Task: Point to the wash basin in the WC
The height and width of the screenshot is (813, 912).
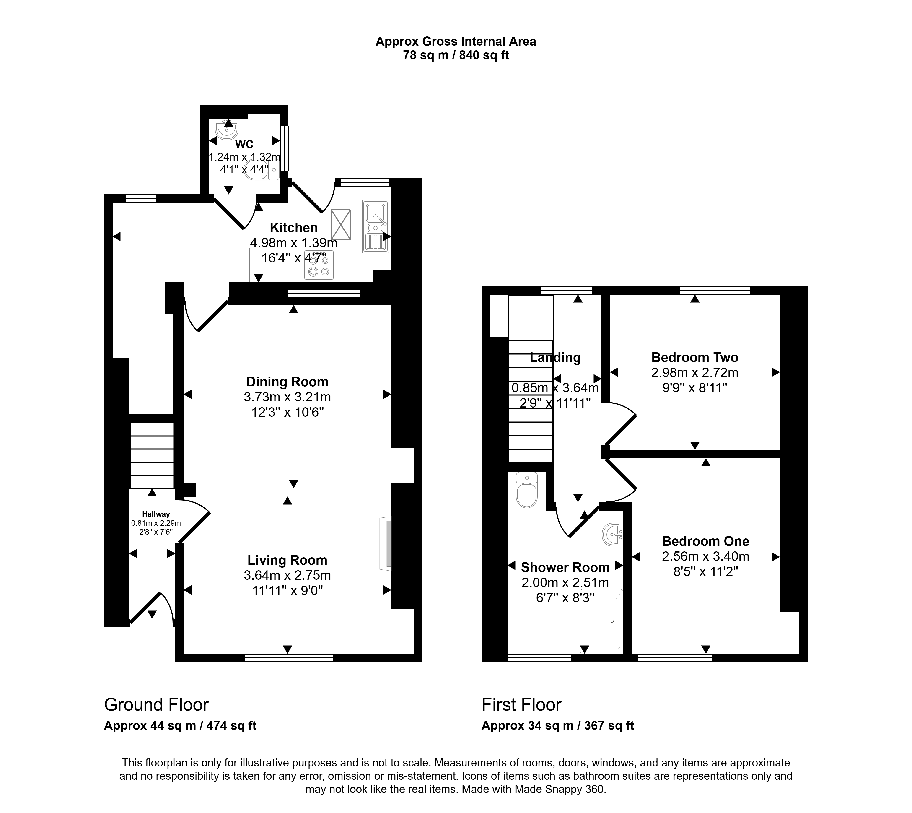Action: pyautogui.click(x=226, y=129)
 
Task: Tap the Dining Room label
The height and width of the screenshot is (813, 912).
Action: pyautogui.click(x=287, y=382)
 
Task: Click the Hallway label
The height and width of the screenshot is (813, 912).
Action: pyautogui.click(x=156, y=514)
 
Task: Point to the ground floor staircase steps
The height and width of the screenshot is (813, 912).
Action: pyautogui.click(x=152, y=456)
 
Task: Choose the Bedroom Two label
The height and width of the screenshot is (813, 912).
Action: pyautogui.click(x=694, y=357)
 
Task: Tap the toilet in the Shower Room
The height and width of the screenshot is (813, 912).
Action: pyautogui.click(x=527, y=490)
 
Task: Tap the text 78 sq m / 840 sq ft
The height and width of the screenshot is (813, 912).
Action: pyautogui.click(x=456, y=55)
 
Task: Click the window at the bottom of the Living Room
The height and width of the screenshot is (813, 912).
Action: pyautogui.click(x=289, y=657)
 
